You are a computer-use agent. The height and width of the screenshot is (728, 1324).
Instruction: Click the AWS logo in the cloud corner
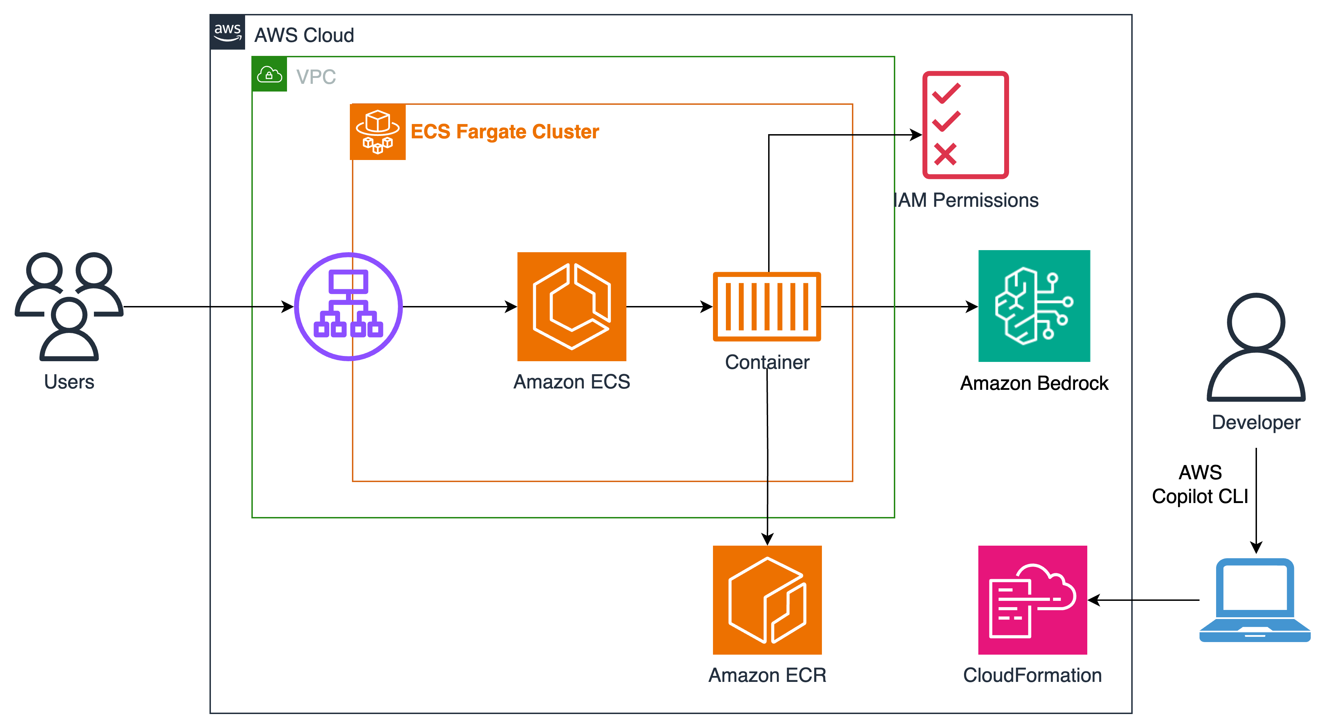point(228,32)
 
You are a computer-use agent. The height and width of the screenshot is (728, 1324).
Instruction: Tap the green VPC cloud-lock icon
point(269,74)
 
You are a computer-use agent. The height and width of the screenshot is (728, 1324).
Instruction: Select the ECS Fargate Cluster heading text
point(505,132)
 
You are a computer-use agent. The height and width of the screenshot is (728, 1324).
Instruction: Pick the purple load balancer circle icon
point(348,306)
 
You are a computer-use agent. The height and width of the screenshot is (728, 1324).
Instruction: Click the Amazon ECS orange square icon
point(572,306)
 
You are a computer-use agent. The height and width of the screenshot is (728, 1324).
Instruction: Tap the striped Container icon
point(767,306)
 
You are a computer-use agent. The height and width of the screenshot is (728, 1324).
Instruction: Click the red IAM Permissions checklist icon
point(965,125)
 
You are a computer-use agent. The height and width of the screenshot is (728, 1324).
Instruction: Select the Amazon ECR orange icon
point(767,599)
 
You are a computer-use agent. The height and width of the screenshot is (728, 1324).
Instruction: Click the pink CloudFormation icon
point(1032,599)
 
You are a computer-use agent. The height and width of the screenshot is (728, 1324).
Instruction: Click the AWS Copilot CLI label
point(1200,484)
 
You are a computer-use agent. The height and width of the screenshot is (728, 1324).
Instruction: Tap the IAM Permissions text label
point(966,200)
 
